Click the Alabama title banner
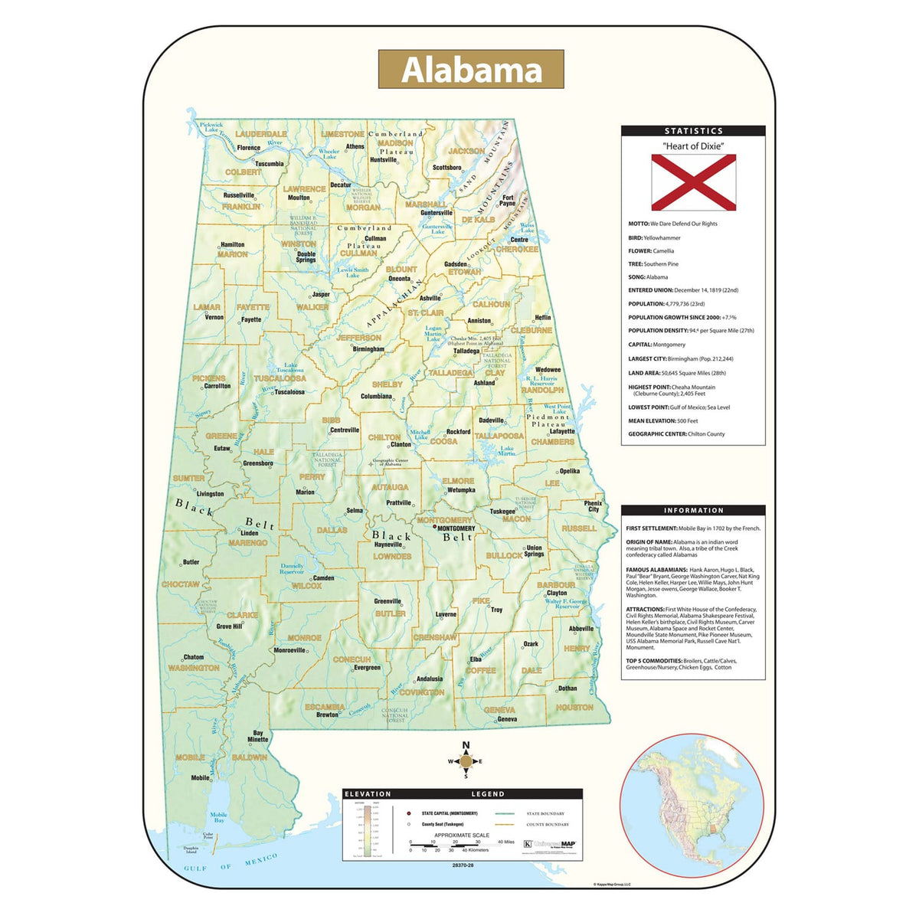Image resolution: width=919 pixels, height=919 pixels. (x=471, y=70)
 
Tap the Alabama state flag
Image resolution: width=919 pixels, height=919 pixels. (x=693, y=182)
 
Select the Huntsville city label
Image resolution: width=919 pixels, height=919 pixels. (x=384, y=160)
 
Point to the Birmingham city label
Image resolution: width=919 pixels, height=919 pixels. (x=368, y=349)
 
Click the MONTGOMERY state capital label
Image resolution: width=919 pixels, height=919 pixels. (x=456, y=528)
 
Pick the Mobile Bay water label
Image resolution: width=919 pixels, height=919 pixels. (x=219, y=818)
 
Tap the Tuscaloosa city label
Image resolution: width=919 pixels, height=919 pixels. (x=289, y=392)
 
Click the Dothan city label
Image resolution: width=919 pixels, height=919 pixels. (x=567, y=688)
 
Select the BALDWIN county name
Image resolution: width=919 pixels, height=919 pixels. (x=249, y=757)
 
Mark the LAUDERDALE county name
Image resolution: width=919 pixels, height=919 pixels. (x=260, y=134)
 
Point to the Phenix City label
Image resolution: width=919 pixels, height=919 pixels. (x=594, y=506)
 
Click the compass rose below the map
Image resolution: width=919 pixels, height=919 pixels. (x=466, y=761)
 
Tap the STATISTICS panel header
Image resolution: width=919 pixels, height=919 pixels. (x=693, y=131)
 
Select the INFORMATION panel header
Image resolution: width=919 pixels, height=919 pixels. (x=693, y=510)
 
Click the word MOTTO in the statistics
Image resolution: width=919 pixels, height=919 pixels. (x=639, y=224)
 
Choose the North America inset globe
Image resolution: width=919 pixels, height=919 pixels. (x=692, y=804)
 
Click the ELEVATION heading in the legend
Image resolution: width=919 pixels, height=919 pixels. (x=368, y=794)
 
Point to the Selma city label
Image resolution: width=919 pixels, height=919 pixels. (x=355, y=511)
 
